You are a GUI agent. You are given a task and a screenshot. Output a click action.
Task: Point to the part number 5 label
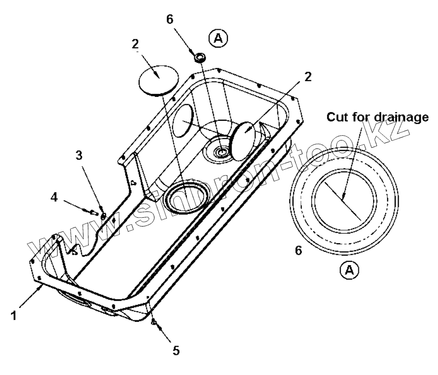pos(176,350)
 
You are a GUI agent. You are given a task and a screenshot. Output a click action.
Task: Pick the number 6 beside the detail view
pos(298,251)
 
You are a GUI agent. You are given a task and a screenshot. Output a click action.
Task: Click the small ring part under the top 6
pos(200,58)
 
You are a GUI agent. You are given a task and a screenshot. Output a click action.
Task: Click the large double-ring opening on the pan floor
pos(185,196)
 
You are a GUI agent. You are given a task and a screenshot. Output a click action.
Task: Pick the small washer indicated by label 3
pos(103,203)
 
